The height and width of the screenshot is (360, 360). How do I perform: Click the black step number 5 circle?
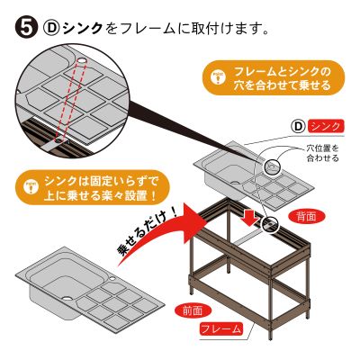coord(26,28)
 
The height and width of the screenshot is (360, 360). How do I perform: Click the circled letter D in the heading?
coord(51,28)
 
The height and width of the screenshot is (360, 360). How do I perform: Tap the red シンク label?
coord(326,127)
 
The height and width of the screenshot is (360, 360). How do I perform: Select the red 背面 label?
coord(305,217)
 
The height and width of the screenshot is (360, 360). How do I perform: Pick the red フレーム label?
coord(221,329)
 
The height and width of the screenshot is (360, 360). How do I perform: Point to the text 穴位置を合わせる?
coord(322,153)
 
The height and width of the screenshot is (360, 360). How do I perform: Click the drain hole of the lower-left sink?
coord(67,299)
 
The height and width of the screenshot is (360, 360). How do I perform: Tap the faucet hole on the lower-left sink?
coord(112,279)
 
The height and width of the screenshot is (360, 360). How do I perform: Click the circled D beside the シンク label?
coord(298,127)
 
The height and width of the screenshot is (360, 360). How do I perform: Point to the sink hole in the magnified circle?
coord(82,61)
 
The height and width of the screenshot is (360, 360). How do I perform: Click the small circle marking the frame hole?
coord(269,224)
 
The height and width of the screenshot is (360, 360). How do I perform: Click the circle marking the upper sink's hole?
coord(273,166)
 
